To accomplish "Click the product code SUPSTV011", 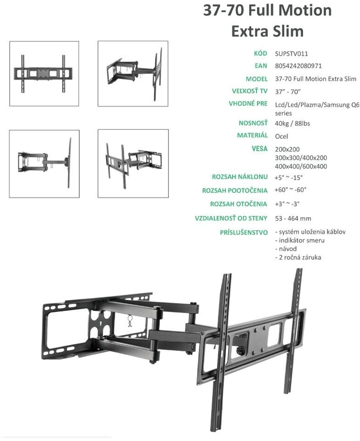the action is click(292, 54).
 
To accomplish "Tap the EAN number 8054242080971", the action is click(298, 66).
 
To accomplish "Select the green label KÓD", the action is click(260, 53).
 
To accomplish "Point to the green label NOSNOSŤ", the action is click(253, 123).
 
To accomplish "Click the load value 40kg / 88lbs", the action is click(292, 124).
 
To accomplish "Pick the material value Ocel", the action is click(281, 136).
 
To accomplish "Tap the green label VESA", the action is click(259, 148).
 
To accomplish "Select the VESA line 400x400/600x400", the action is click(301, 166).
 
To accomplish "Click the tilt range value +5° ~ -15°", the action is click(289, 178).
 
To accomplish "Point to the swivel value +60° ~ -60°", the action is click(290, 190).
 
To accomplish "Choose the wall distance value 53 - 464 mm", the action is click(293, 219).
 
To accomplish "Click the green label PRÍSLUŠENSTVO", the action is click(244, 232).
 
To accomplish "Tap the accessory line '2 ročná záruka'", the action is click(298, 257).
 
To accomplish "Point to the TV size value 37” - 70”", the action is click(288, 92).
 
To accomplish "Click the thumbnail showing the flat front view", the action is click(44, 73).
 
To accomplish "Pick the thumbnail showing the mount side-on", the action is click(44, 164).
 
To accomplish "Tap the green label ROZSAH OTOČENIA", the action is click(239, 204).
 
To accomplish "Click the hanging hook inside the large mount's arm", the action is click(130, 321).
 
